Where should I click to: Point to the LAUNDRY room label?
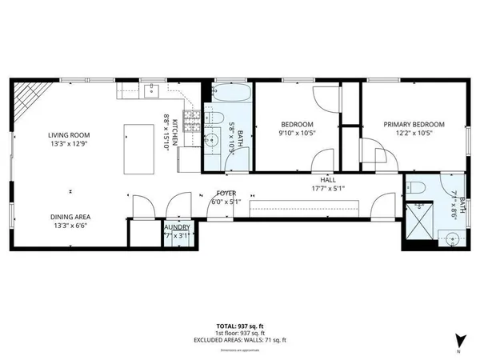pyautogui.click(x=176, y=227)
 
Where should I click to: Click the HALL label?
pyautogui.click(x=328, y=180)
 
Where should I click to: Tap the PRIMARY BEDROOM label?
pyautogui.click(x=414, y=124)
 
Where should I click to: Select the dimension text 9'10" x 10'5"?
pyautogui.click(x=296, y=134)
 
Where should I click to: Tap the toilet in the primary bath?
pyautogui.click(x=418, y=189)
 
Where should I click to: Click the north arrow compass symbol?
pyautogui.click(x=458, y=339)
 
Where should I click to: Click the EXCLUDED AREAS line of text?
pyautogui.click(x=240, y=339)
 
